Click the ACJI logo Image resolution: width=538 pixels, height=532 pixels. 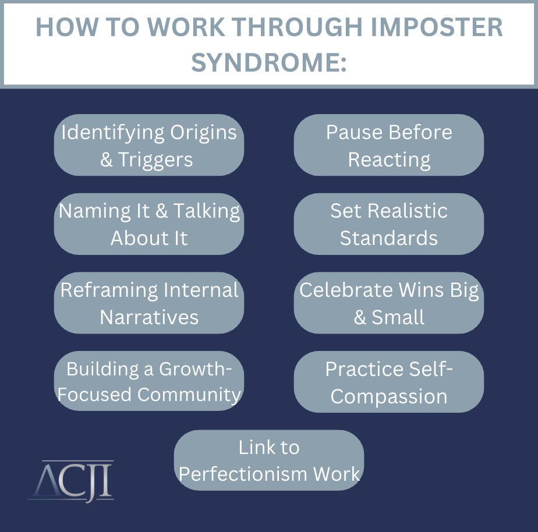(x=70, y=481)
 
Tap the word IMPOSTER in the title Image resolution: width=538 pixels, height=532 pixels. (x=437, y=27)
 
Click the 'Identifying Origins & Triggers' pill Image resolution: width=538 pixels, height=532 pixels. (x=149, y=145)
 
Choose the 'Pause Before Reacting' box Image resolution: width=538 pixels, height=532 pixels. (x=389, y=145)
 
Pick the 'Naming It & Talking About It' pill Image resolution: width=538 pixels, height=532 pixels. (x=149, y=224)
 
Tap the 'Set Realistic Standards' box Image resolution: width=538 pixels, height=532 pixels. (x=389, y=224)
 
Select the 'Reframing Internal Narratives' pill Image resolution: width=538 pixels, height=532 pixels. (x=149, y=303)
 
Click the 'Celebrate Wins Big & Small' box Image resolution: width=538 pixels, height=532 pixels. (x=389, y=303)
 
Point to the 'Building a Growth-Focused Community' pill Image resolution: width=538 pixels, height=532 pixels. (x=149, y=381)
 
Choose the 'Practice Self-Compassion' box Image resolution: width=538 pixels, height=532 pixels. (x=389, y=382)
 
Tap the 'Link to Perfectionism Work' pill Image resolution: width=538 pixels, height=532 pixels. (x=269, y=460)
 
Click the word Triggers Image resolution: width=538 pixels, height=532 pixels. (x=155, y=161)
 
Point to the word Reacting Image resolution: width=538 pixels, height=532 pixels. (x=389, y=161)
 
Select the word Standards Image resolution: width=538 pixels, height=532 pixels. (x=389, y=238)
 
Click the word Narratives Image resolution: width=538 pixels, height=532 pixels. (x=149, y=317)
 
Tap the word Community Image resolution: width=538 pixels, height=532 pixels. (x=189, y=395)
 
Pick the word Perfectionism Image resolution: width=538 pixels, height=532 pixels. (x=243, y=474)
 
